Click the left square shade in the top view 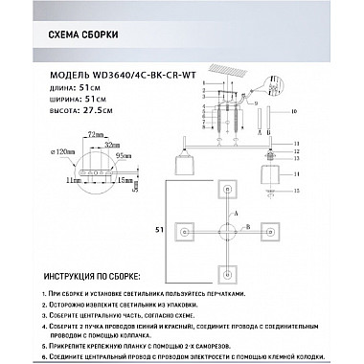183,231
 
